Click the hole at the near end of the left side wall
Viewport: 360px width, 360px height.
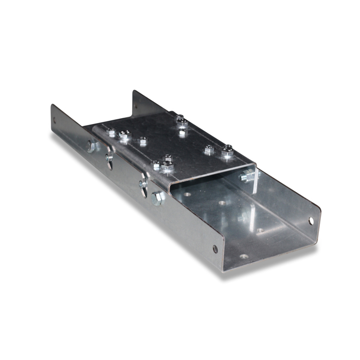click(215, 249)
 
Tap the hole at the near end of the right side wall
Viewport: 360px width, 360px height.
click(311, 221)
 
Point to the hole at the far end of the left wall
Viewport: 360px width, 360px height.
click(55, 121)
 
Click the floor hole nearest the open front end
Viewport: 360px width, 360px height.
click(244, 256)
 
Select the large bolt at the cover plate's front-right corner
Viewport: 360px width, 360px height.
click(227, 152)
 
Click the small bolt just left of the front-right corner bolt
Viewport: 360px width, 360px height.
click(208, 151)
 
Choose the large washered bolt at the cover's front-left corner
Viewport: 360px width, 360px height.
click(167, 166)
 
